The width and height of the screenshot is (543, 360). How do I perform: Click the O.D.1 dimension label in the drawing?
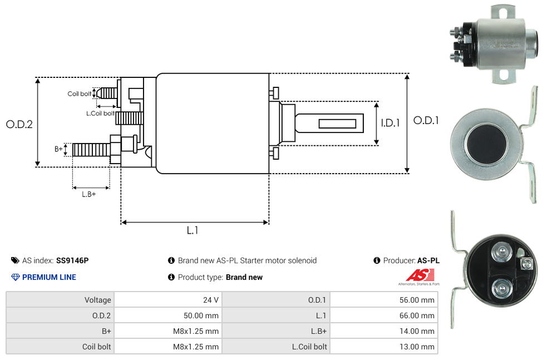426,120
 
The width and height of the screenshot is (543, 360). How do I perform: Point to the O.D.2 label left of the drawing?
19,124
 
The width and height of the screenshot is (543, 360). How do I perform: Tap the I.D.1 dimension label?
390,123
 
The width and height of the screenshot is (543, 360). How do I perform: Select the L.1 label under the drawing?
192,230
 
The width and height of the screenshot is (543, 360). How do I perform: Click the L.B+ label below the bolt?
88,194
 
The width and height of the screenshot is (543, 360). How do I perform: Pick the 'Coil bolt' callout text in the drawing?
80,93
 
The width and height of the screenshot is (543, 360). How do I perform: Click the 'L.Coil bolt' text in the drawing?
100,113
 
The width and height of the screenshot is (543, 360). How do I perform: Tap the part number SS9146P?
72,260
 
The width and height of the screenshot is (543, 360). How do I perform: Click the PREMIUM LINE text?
49,277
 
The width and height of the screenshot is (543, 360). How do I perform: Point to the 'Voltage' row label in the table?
97,300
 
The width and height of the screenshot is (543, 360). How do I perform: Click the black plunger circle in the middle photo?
486,144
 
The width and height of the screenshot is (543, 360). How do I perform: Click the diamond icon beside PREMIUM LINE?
16,277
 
